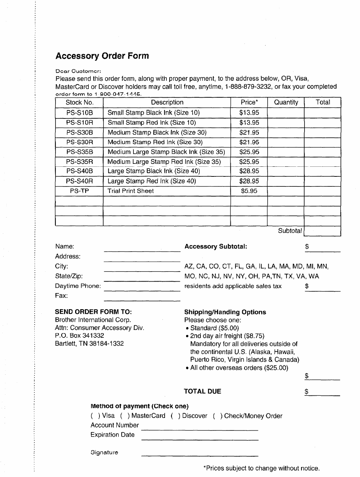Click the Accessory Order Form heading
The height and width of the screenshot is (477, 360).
(102, 56)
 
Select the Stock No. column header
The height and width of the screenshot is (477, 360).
(79, 102)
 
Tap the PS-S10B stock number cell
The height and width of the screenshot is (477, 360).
(79, 113)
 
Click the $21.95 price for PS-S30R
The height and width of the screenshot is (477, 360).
(249, 142)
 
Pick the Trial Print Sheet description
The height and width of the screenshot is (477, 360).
(131, 191)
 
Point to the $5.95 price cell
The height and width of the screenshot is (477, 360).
(249, 191)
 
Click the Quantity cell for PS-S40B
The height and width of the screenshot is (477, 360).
(286, 171)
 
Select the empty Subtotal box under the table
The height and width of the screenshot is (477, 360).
(322, 231)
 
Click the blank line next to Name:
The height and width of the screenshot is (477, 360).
(142, 248)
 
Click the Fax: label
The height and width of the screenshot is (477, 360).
(61, 296)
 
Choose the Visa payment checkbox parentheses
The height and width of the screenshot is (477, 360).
(95, 416)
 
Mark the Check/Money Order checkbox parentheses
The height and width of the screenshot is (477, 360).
(217, 416)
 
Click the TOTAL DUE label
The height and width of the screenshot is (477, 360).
(202, 391)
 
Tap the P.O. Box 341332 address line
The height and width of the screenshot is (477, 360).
(79, 336)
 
